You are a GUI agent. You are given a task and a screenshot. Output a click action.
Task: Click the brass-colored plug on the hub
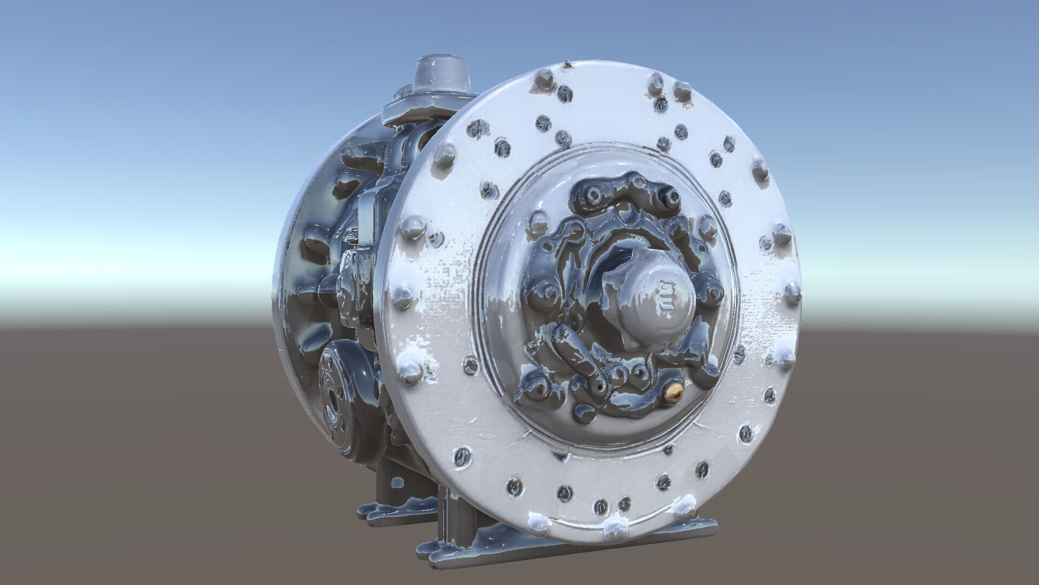[673, 393]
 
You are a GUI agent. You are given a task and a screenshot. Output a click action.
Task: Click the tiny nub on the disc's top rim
[567, 65]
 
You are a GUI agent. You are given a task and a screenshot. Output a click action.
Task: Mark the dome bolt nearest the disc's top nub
[544, 81]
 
